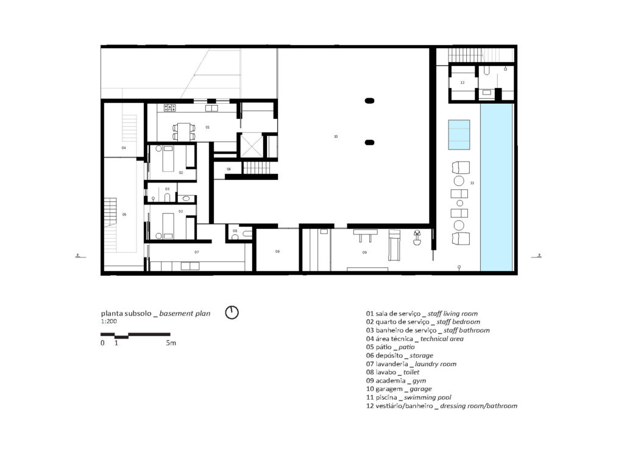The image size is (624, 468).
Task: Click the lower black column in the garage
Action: pos(369,143)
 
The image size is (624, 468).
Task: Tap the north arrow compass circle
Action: pos(232,313)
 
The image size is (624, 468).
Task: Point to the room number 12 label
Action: pos(463,82)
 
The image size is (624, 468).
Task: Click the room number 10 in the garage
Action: pos(336,137)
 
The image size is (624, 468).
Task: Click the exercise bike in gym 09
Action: pos(417,237)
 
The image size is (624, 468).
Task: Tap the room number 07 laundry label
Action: pos(197,252)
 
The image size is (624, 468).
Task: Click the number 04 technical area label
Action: pos(124,148)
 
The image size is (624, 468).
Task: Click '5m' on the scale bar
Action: pos(171,344)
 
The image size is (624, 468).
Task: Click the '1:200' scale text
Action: pos(110,321)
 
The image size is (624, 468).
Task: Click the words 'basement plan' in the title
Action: pos(185,314)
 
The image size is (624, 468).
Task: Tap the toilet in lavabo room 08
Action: pos(245,233)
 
